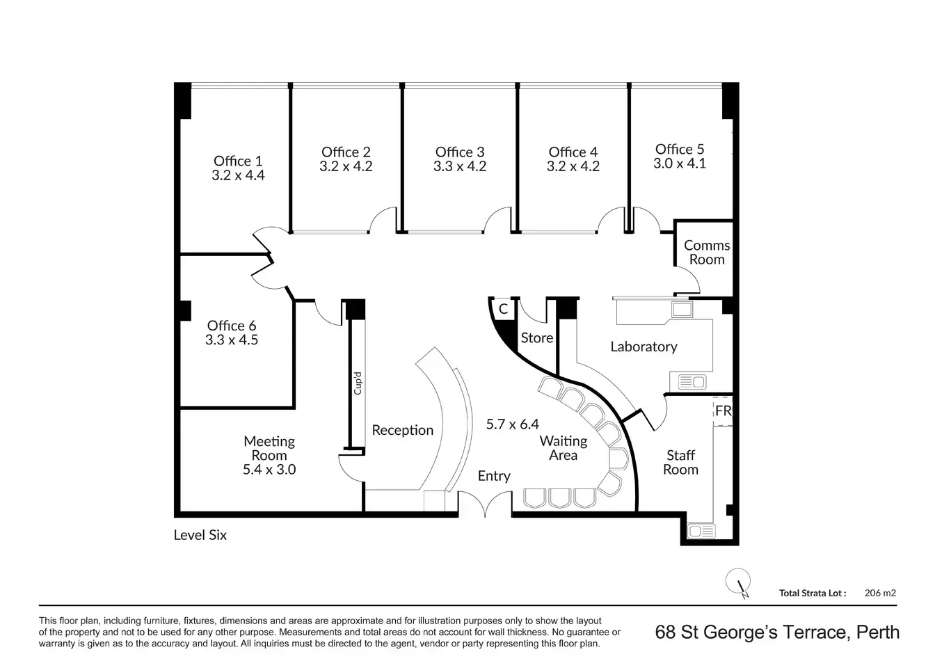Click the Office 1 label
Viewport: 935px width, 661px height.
point(238,161)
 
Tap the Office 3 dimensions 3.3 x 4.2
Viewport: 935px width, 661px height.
point(460,166)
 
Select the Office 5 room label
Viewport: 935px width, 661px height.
point(680,149)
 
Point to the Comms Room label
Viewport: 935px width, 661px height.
point(707,252)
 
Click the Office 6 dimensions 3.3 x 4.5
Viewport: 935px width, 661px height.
point(232,340)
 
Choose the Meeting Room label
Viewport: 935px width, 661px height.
point(269,448)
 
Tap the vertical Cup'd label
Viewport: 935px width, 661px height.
point(358,383)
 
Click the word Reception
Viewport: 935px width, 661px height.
point(403,430)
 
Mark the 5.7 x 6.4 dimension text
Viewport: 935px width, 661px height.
point(513,424)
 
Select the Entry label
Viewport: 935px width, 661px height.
point(494,476)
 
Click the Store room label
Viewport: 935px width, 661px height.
point(537,337)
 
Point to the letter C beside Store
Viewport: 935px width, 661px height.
point(503,309)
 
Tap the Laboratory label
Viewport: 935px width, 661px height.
point(644,347)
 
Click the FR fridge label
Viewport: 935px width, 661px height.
point(723,411)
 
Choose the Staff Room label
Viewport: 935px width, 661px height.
point(680,462)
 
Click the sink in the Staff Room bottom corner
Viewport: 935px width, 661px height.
point(701,532)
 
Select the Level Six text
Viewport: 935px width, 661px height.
point(200,535)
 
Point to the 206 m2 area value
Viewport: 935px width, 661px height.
point(880,593)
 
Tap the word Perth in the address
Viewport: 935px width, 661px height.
point(878,632)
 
